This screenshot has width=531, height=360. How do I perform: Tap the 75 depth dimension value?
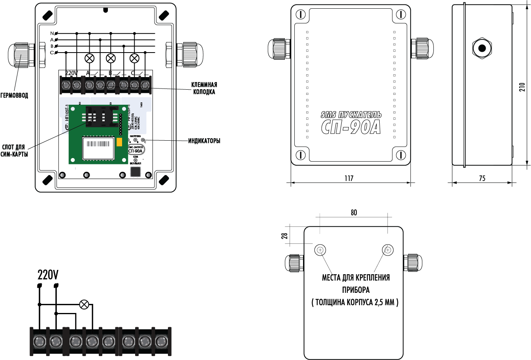482,178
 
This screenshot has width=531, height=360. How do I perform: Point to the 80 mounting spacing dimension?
354,213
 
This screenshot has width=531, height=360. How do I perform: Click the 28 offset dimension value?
284,236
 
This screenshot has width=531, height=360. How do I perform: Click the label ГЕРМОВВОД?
14,96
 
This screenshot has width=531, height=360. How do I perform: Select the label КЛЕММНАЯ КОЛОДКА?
204,89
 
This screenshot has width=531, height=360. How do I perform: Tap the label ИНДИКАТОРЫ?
204,141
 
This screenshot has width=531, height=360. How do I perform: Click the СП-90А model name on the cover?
350,127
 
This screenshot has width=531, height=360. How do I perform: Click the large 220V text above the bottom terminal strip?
48,275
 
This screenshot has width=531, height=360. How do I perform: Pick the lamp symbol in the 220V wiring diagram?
84,304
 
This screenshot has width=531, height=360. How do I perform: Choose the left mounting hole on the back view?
320,250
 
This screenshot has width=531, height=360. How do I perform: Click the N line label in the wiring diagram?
52,33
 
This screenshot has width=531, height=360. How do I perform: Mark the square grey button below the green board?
136,172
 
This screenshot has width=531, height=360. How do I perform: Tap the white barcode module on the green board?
98,148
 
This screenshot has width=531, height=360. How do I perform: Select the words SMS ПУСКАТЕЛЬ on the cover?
351,115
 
